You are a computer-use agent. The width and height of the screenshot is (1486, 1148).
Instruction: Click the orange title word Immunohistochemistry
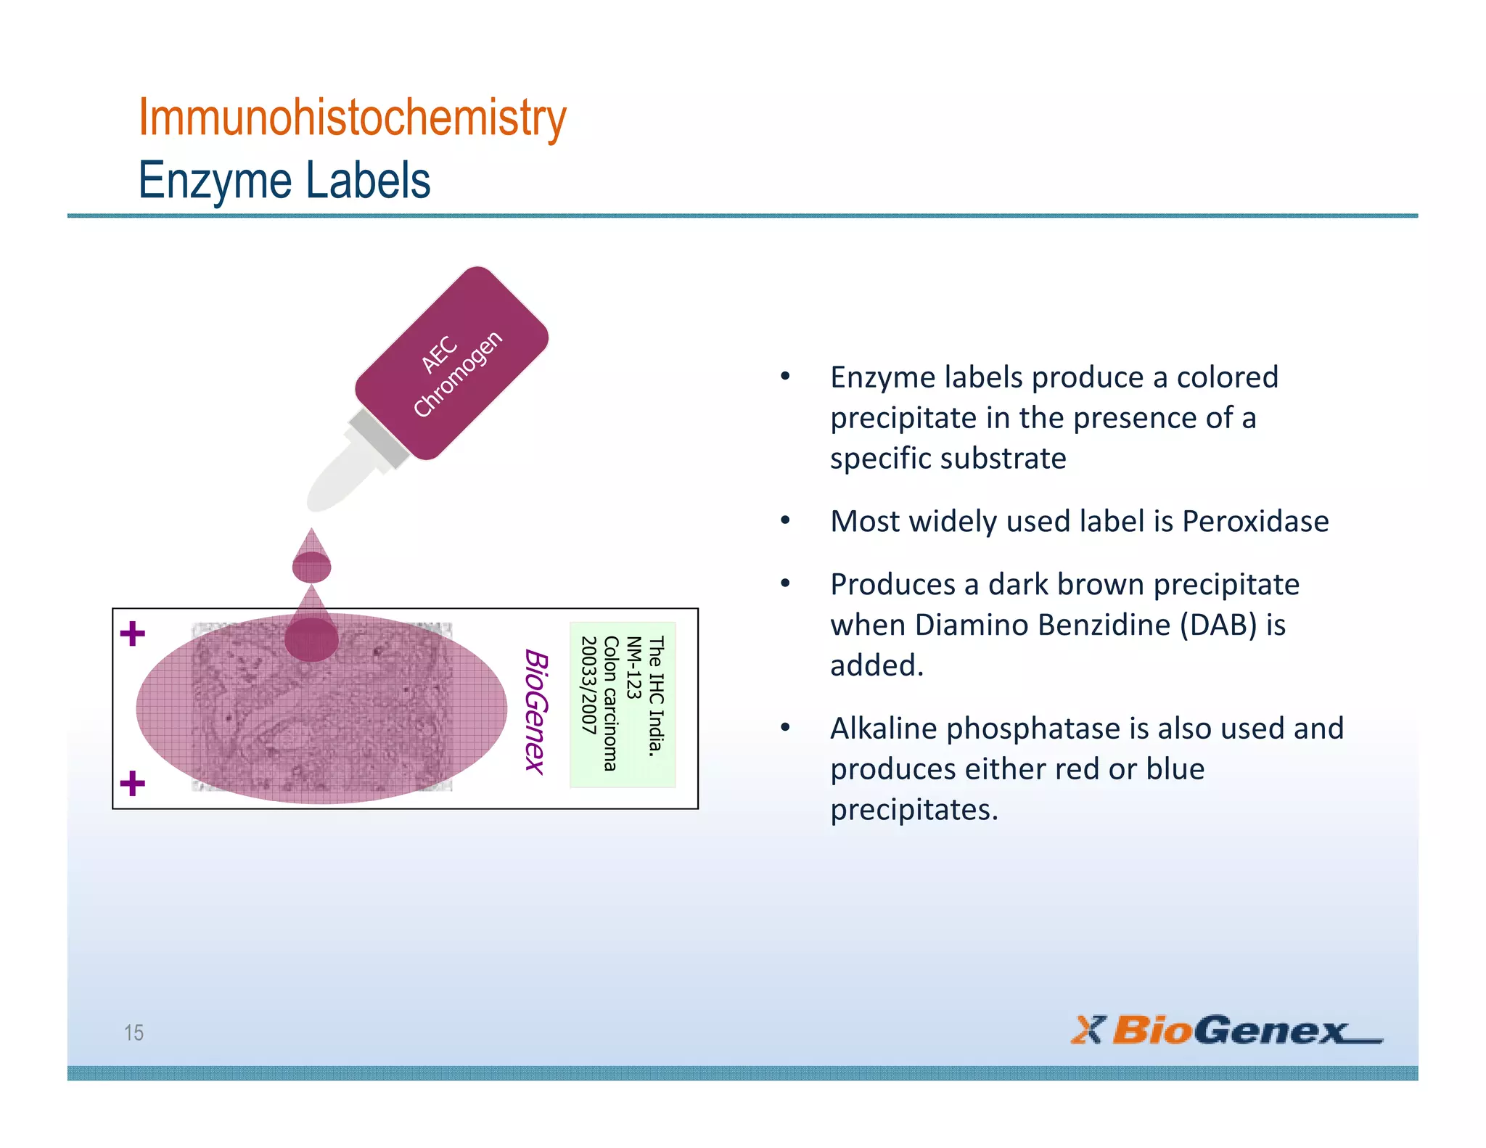352,118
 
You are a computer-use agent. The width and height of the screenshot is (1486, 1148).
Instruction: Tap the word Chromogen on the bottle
458,374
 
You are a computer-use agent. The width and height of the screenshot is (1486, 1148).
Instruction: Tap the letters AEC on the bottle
439,353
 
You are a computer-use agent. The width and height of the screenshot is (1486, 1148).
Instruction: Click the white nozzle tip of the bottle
334,480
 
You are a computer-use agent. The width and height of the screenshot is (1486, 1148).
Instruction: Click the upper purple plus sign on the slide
133,634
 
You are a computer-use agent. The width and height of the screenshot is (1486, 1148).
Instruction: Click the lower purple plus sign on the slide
133,783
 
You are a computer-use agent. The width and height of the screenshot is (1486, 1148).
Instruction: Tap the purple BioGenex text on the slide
536,712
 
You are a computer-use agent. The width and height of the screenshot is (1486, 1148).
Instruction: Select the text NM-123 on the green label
633,668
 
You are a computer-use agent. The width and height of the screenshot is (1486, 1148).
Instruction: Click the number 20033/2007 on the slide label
588,685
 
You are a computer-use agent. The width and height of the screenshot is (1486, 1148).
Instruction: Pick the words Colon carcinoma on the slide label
611,703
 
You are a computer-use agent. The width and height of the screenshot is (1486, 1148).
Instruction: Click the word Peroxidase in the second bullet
1255,522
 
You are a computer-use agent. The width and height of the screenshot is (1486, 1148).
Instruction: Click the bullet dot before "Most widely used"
785,520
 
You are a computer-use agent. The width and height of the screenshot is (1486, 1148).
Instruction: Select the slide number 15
134,1032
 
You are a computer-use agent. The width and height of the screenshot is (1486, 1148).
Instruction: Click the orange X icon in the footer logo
1086,1030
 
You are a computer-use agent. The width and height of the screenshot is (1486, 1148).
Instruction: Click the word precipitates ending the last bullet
914,810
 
